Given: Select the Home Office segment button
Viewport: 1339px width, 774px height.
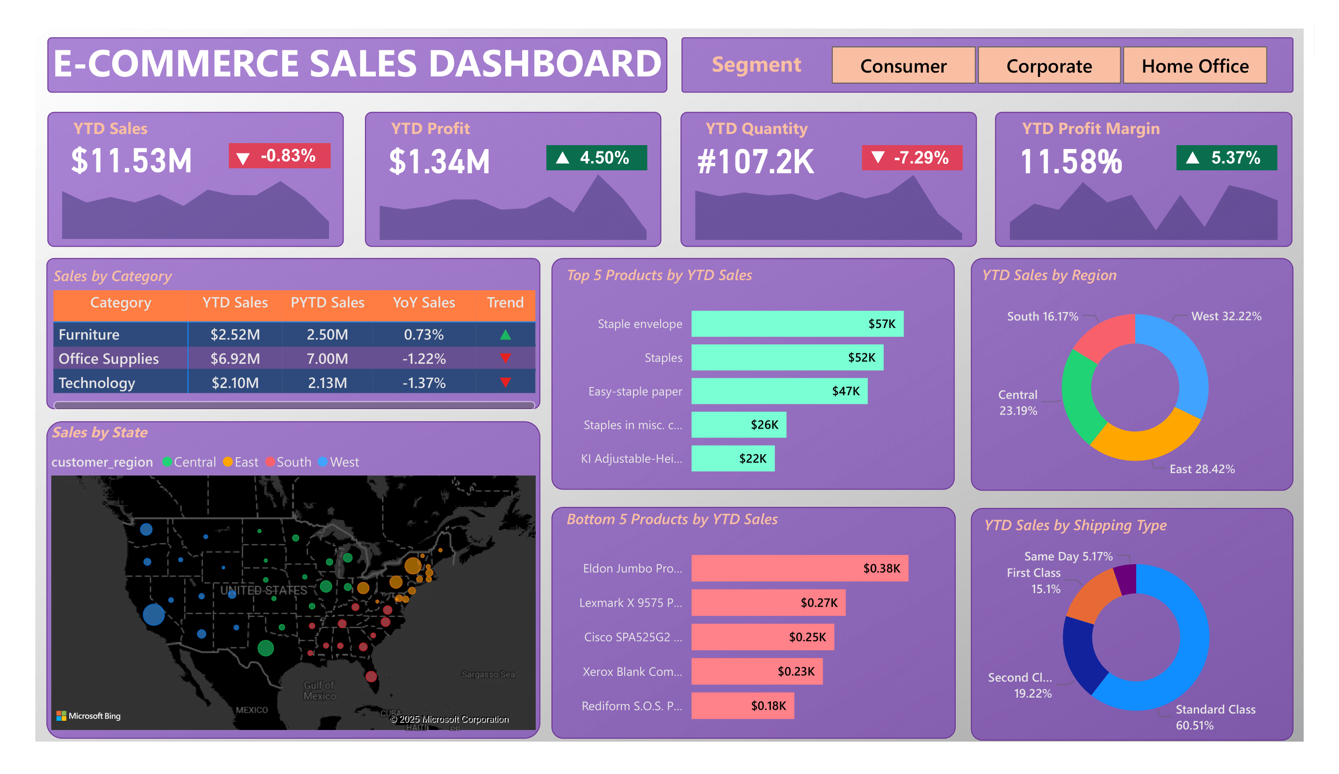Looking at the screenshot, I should [x=1194, y=66].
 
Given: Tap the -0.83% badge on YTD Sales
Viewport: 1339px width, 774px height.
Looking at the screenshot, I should [x=280, y=156].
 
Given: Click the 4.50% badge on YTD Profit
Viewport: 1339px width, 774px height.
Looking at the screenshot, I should [x=596, y=158].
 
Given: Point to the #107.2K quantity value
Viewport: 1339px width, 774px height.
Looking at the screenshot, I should [x=755, y=162].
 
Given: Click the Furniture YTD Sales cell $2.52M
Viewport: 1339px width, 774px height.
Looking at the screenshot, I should [x=235, y=335].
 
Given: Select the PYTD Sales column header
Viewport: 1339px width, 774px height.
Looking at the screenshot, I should [x=327, y=303].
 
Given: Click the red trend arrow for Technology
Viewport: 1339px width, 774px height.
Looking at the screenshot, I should [x=505, y=383].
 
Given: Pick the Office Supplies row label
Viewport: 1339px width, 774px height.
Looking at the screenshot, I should [x=108, y=358].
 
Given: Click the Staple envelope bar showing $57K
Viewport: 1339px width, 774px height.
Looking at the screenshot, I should [x=797, y=324].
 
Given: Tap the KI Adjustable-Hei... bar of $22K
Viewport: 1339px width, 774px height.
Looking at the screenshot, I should [x=732, y=459].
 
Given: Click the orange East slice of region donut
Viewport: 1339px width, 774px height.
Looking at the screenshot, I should [x=1143, y=442].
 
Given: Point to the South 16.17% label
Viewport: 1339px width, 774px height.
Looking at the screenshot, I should [x=1042, y=316].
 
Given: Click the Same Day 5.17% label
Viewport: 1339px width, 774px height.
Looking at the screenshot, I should [x=1068, y=556].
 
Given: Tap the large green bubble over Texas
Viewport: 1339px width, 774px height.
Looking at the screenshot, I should [x=266, y=648].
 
